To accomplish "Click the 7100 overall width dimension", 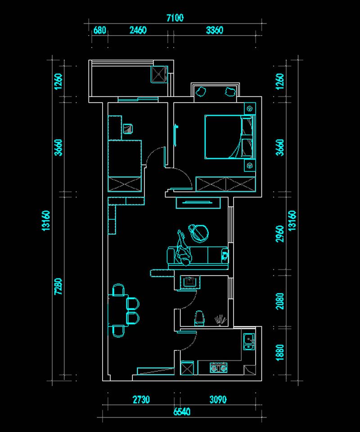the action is [175, 18].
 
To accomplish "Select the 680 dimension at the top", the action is [99, 30].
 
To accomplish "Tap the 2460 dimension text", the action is [138, 30].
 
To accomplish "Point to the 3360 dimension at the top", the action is [214, 30].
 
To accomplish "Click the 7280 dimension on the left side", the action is [58, 286].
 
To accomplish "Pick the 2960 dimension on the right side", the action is [280, 234].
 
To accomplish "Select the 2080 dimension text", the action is [280, 301].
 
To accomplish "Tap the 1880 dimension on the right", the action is [280, 352].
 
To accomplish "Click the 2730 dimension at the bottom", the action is [141, 399].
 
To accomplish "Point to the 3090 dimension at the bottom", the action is [218, 399].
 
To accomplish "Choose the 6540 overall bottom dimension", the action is [182, 412].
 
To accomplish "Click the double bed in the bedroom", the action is [229, 137].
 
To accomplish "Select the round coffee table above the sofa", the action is [198, 233].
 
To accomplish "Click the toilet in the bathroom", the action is [199, 318].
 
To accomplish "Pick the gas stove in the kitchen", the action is [219, 367].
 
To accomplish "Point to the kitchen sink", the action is [249, 341].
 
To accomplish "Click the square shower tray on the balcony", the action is [159, 74].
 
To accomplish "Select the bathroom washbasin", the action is [190, 282].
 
